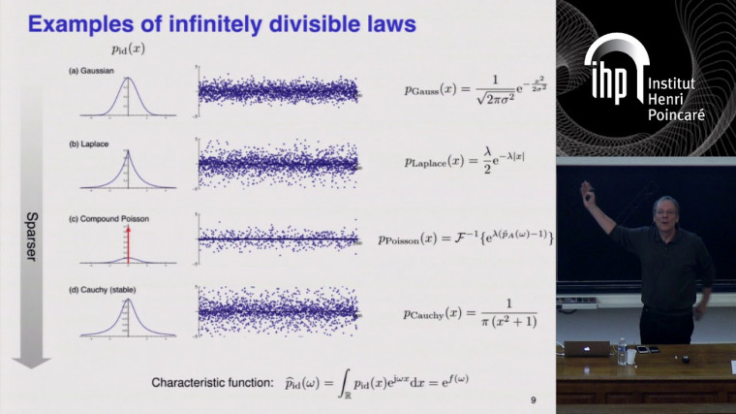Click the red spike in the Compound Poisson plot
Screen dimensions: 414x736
(128, 241)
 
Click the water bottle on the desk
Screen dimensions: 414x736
(621, 350)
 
